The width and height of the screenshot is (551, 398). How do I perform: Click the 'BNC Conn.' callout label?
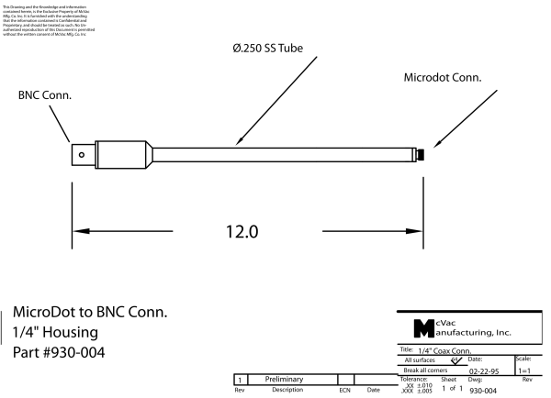click(46, 94)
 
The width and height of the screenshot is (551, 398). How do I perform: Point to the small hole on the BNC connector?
click(84, 155)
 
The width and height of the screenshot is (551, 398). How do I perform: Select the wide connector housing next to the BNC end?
click(122, 154)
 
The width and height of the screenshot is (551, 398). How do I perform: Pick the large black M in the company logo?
click(423, 327)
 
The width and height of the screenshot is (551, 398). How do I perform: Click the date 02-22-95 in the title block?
click(484, 371)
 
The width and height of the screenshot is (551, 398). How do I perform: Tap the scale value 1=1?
click(525, 371)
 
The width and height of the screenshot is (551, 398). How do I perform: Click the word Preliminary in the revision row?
click(285, 379)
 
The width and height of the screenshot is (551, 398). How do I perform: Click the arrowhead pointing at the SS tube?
click(237, 143)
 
